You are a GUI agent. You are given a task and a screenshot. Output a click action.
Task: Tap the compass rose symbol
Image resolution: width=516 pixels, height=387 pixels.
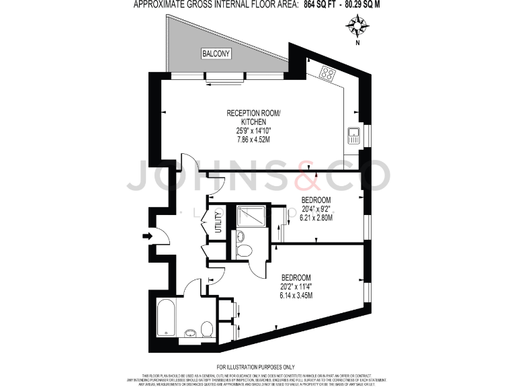(x=357, y=26)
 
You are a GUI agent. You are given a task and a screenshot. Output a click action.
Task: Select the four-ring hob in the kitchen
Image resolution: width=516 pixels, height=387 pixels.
(x=329, y=74)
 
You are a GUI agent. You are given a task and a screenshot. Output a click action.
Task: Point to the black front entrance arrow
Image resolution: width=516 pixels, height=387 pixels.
(x=147, y=235)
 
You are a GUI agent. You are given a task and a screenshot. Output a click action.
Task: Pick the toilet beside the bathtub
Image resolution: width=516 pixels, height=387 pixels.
(x=207, y=329)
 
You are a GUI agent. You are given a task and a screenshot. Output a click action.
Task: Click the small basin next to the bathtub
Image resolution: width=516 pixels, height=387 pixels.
(x=191, y=332)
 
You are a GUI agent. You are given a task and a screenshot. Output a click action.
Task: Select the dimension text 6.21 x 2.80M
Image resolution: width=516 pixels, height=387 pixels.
(x=316, y=218)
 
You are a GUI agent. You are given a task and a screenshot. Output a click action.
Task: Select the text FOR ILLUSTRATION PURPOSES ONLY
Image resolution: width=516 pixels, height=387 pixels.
(x=258, y=366)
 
